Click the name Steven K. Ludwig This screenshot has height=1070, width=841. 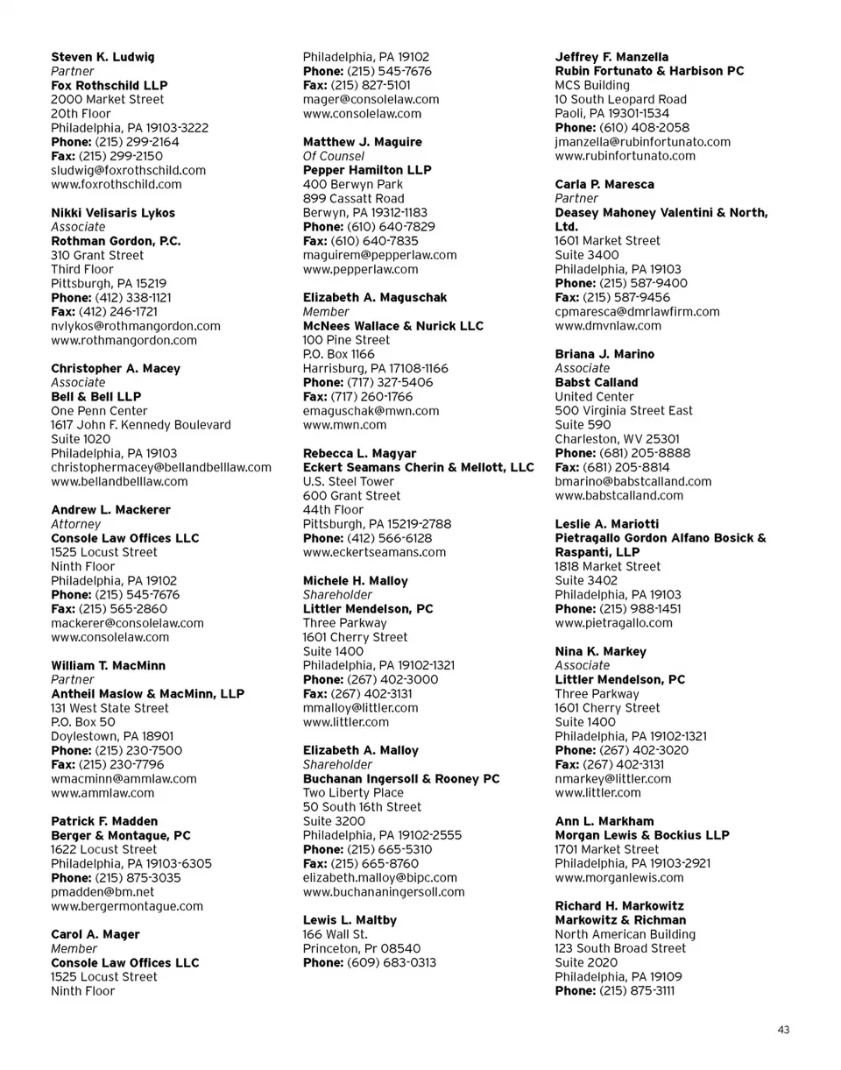tap(102, 57)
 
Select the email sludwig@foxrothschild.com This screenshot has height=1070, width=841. tap(129, 170)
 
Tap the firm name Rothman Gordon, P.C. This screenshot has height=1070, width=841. tap(116, 241)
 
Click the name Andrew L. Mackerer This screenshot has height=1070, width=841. tap(110, 509)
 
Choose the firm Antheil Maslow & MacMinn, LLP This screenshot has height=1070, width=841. tap(147, 693)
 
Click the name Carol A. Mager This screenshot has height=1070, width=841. tap(95, 934)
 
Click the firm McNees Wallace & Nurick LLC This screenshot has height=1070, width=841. tap(392, 326)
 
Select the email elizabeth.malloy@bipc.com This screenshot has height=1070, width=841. tap(379, 877)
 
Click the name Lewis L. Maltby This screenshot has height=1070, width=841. tap(350, 920)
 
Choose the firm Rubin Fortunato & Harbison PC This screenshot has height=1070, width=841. tap(649, 71)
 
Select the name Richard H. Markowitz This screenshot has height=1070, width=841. tap(619, 905)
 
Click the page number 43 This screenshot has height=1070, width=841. tap(783, 1030)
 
